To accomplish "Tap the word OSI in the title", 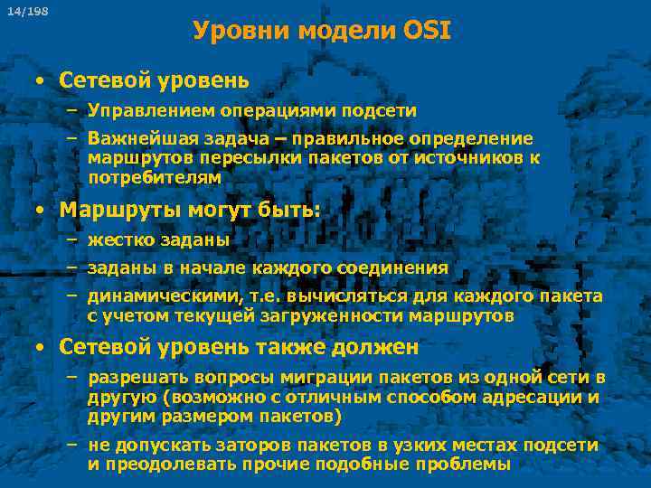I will (x=424, y=32).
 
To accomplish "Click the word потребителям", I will (x=155, y=178).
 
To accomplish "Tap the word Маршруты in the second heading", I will (x=118, y=211).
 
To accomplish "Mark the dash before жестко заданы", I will (x=71, y=241).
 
